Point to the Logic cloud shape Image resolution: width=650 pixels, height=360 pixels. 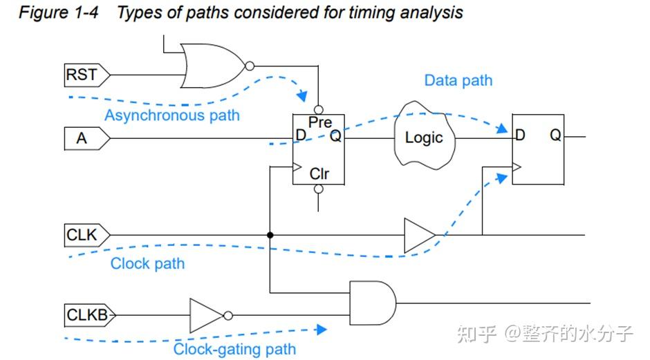(x=423, y=136)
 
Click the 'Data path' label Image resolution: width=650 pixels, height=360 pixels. (x=458, y=81)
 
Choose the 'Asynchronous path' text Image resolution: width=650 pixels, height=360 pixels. (x=171, y=115)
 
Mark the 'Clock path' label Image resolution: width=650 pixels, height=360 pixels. (x=147, y=264)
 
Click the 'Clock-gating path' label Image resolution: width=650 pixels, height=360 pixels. (x=234, y=349)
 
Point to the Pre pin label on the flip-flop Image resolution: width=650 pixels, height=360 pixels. (x=320, y=122)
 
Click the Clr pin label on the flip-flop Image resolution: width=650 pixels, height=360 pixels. (x=319, y=173)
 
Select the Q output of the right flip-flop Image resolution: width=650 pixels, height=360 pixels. (x=555, y=136)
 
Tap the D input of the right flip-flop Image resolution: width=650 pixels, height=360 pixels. (x=520, y=136)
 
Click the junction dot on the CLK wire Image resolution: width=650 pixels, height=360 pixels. (x=270, y=235)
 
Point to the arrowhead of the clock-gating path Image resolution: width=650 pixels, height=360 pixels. (x=321, y=330)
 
